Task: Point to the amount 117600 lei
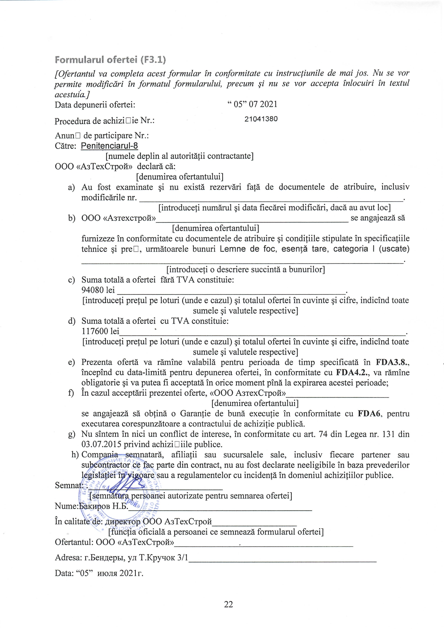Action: (x=100, y=331)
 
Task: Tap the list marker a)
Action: (x=71, y=187)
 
